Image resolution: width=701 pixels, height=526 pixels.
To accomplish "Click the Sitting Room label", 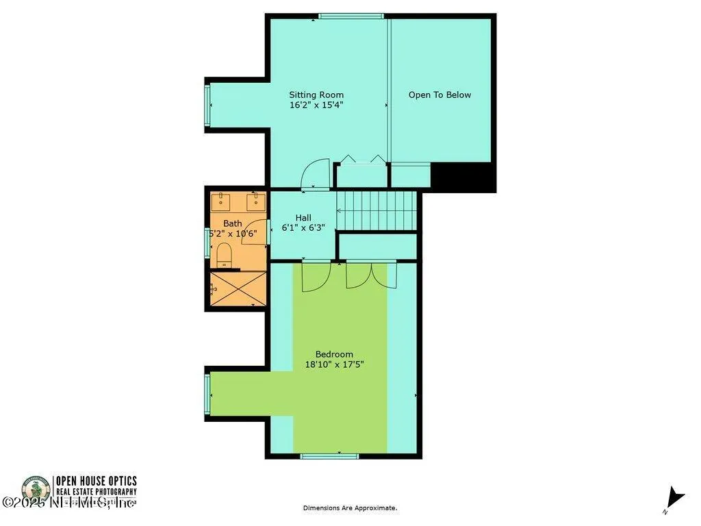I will tap(316, 95).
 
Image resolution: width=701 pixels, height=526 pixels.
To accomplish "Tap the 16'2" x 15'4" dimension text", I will tap(316, 105).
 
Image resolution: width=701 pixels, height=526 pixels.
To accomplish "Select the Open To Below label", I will tap(439, 95).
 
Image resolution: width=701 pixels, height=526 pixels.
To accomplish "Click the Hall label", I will tap(303, 218).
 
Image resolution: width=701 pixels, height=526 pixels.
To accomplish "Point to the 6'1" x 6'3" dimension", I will tap(303, 228).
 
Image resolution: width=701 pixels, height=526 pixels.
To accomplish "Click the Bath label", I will tap(233, 223).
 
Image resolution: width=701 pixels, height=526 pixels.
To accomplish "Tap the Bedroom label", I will tap(334, 354).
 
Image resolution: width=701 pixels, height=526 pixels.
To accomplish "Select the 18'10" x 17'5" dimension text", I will tap(334, 365).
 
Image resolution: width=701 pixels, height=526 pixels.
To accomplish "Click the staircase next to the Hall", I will tap(377, 210).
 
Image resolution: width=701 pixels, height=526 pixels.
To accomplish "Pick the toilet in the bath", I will tap(224, 256).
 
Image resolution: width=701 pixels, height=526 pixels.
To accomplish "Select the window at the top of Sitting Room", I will tap(351, 16).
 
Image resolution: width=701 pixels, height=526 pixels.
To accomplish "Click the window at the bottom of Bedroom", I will tap(320, 455).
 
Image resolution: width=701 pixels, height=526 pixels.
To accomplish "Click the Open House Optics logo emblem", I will tap(36, 490).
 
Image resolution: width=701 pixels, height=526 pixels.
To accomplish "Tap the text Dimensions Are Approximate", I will tap(350, 508).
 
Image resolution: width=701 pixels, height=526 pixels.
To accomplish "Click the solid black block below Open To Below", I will tap(463, 177).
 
